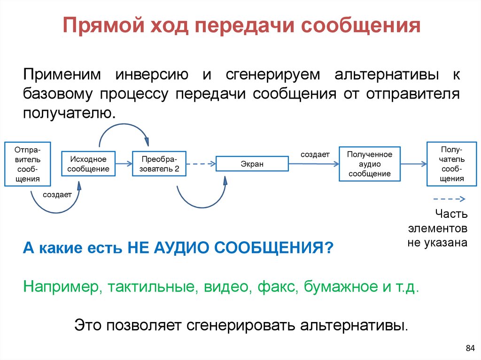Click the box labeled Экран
point(252,164)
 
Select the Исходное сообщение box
point(88,164)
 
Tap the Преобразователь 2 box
point(159,164)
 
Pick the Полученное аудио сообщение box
point(369,164)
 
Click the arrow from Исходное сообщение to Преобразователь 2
point(124,164)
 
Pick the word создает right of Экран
point(315,154)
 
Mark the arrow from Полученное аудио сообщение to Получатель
point(413,164)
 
